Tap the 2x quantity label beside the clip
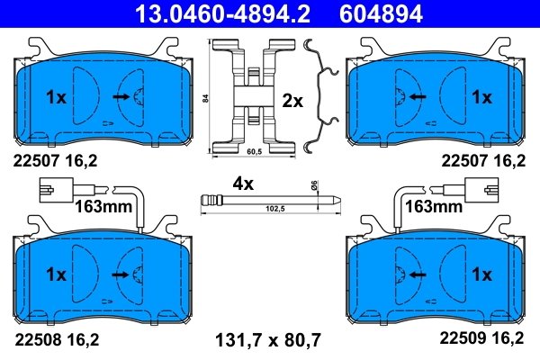(292, 101)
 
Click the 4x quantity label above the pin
(243, 183)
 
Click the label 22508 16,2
(55, 339)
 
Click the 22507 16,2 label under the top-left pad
(55, 161)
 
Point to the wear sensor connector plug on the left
(56, 189)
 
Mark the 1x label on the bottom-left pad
(56, 273)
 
